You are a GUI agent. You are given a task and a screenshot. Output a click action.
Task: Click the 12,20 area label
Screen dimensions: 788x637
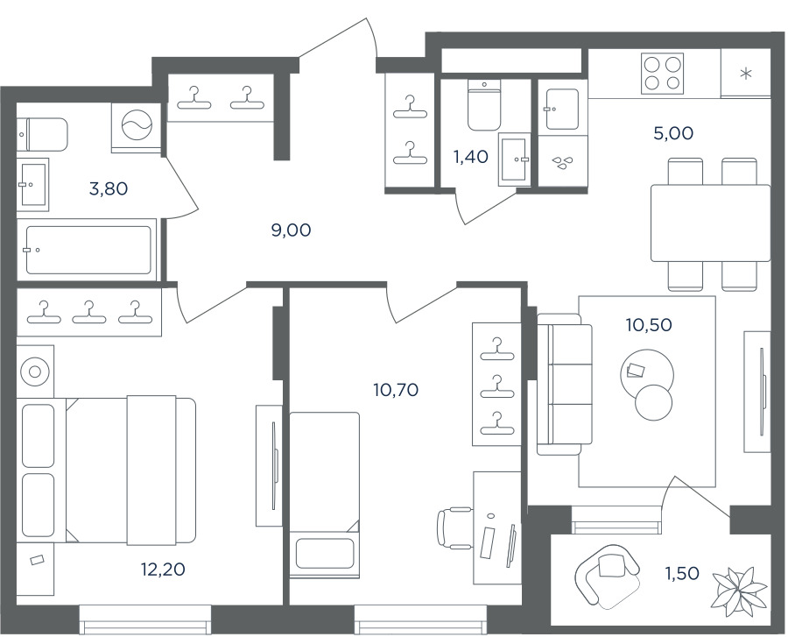click(x=163, y=570)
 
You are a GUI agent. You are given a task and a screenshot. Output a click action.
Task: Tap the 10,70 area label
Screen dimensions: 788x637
click(x=396, y=390)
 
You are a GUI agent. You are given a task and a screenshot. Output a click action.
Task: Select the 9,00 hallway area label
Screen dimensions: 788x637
click(x=291, y=230)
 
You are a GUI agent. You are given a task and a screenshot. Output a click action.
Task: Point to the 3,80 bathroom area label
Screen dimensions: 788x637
click(x=108, y=189)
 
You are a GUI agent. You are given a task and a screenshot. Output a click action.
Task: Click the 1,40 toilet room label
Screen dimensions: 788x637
click(x=471, y=157)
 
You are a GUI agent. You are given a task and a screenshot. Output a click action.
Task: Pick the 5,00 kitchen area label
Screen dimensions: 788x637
click(x=673, y=133)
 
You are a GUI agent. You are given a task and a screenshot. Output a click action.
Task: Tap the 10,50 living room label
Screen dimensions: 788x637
click(x=649, y=325)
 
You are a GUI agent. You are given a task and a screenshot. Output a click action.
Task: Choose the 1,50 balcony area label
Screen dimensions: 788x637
click(x=682, y=573)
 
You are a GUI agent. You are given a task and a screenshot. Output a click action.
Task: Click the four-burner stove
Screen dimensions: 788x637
click(x=662, y=74)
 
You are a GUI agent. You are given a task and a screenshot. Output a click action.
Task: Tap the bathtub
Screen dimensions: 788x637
click(x=88, y=250)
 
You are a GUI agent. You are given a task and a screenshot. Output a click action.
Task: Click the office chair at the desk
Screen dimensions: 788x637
click(x=454, y=527)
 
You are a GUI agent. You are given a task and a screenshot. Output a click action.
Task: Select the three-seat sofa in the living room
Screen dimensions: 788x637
click(x=564, y=384)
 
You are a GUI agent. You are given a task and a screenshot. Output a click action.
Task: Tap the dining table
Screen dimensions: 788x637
click(x=711, y=223)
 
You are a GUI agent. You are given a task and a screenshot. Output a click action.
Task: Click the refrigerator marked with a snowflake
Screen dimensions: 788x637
click(x=746, y=74)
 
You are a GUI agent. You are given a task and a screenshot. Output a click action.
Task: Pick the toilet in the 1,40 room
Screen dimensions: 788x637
click(x=484, y=105)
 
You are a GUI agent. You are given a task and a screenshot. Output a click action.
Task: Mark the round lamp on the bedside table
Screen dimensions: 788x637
click(x=35, y=372)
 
